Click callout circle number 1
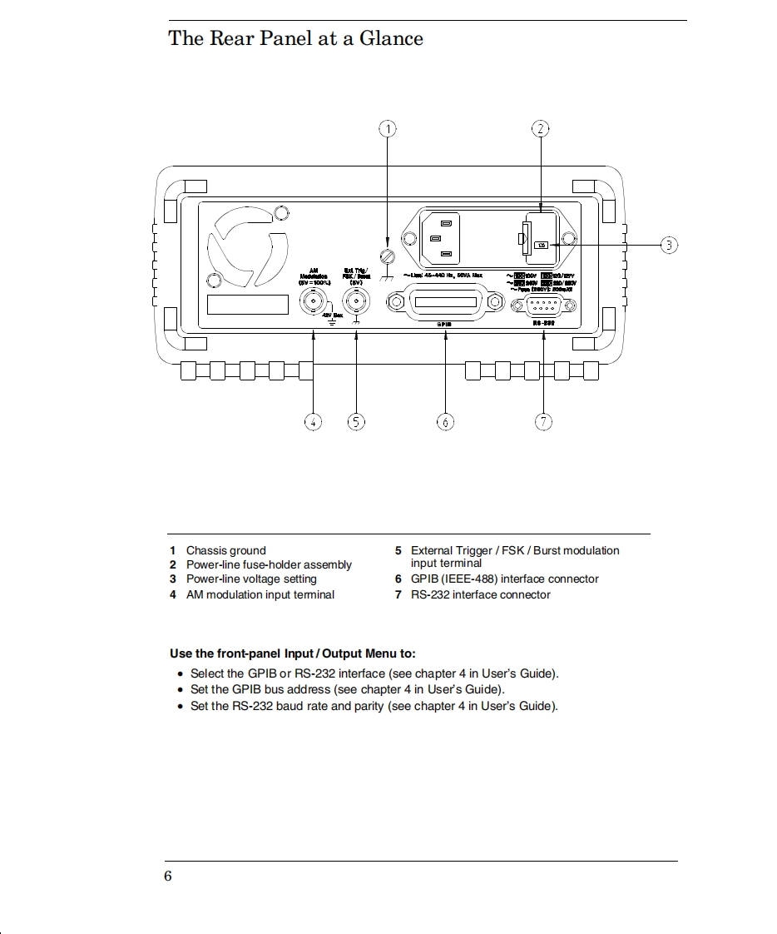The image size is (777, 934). (388, 128)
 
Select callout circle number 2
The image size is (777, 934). (541, 128)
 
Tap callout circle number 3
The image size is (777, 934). (670, 245)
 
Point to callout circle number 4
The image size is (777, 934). (313, 421)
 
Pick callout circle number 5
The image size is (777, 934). (356, 421)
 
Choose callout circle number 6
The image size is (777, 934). (445, 421)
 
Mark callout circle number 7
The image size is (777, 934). (543, 421)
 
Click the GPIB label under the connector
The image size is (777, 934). (444, 325)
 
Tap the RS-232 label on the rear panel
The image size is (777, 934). (543, 322)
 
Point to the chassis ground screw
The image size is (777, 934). (386, 257)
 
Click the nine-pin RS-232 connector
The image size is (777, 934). (542, 305)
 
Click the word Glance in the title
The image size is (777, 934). (391, 38)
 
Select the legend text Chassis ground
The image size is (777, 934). (225, 550)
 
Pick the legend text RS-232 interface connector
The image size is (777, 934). (480, 594)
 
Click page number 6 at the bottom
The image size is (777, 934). (168, 876)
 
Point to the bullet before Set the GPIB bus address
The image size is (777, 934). (181, 690)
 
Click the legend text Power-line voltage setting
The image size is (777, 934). (251, 579)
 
